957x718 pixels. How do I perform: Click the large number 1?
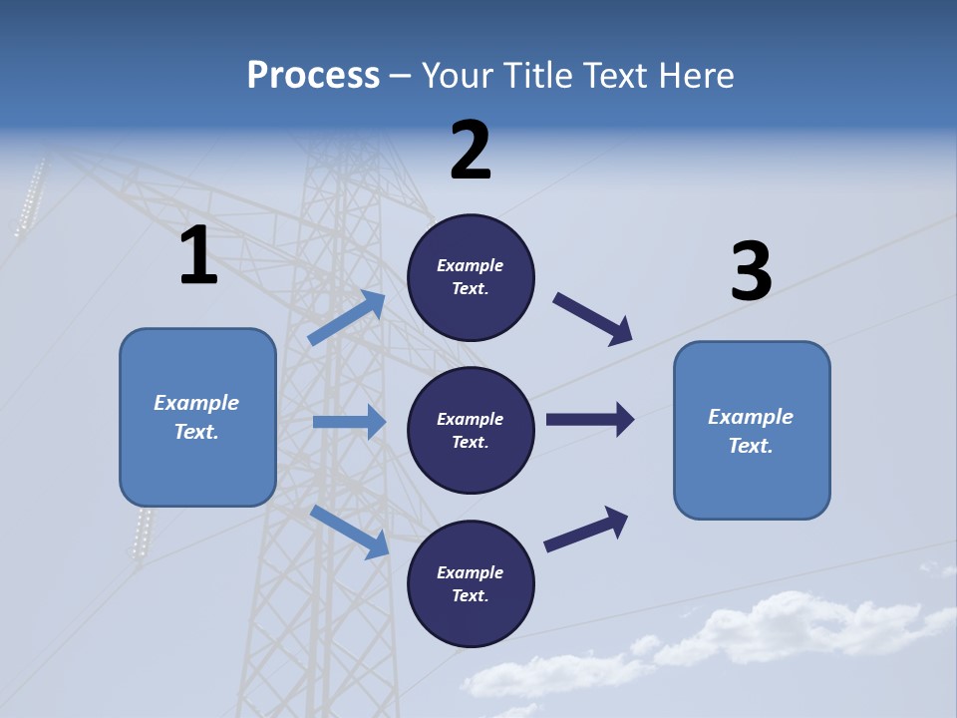pos(198,256)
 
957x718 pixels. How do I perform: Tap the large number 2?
pos(471,151)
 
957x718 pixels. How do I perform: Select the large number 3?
pos(751,272)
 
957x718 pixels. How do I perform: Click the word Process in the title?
pos(313,75)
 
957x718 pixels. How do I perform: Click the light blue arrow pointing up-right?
pos(347,318)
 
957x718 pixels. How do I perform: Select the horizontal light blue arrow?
pos(349,422)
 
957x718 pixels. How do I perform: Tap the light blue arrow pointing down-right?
pos(349,532)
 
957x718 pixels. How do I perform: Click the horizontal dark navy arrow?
pos(590,419)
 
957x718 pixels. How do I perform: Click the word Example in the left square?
pos(196,403)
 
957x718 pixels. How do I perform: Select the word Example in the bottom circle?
pos(470,572)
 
